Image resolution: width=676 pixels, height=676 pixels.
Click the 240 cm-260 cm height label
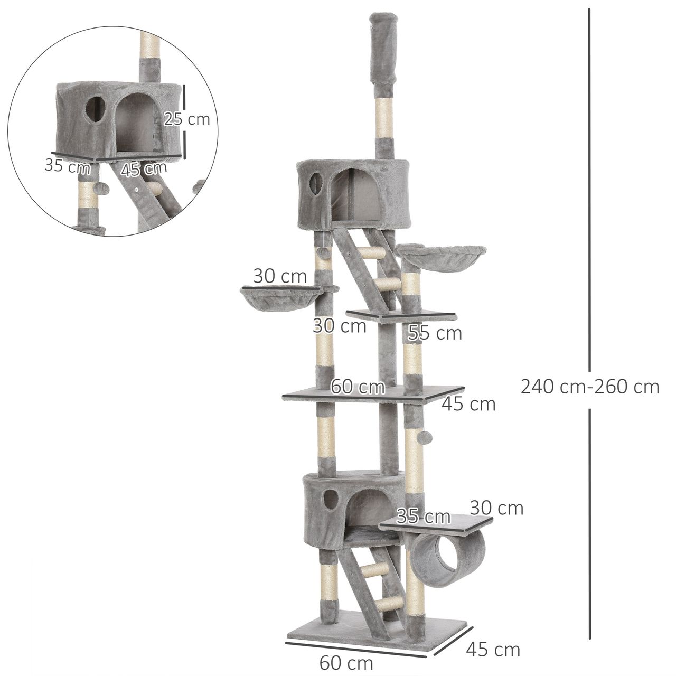click(x=590, y=387)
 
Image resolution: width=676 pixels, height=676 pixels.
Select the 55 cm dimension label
click(x=435, y=333)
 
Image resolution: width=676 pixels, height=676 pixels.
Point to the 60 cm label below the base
click(x=346, y=653)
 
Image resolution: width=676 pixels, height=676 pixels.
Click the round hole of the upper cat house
click(x=315, y=182)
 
